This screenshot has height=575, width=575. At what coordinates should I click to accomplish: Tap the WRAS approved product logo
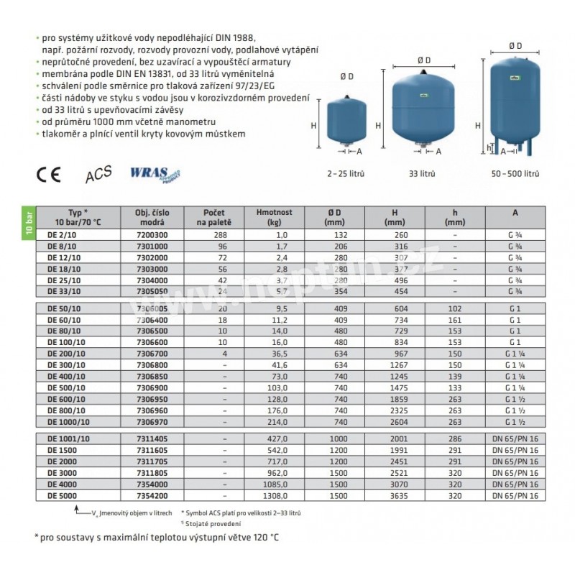point(154,175)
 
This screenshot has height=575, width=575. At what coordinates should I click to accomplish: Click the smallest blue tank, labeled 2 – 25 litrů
point(343,124)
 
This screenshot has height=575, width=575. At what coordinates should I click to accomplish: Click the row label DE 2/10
point(61,234)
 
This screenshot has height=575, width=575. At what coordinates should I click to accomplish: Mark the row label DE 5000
point(61,496)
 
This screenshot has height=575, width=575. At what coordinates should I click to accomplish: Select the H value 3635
point(395,496)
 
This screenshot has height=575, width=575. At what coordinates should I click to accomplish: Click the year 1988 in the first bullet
point(243,36)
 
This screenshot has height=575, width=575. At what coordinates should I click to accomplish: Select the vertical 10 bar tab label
point(28,224)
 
